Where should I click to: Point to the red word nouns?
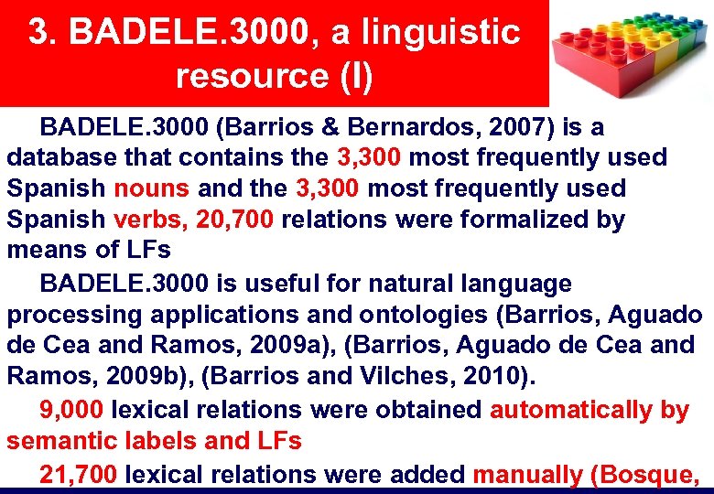click(x=151, y=189)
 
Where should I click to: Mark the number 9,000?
click(x=70, y=410)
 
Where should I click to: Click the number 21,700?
click(x=78, y=474)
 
